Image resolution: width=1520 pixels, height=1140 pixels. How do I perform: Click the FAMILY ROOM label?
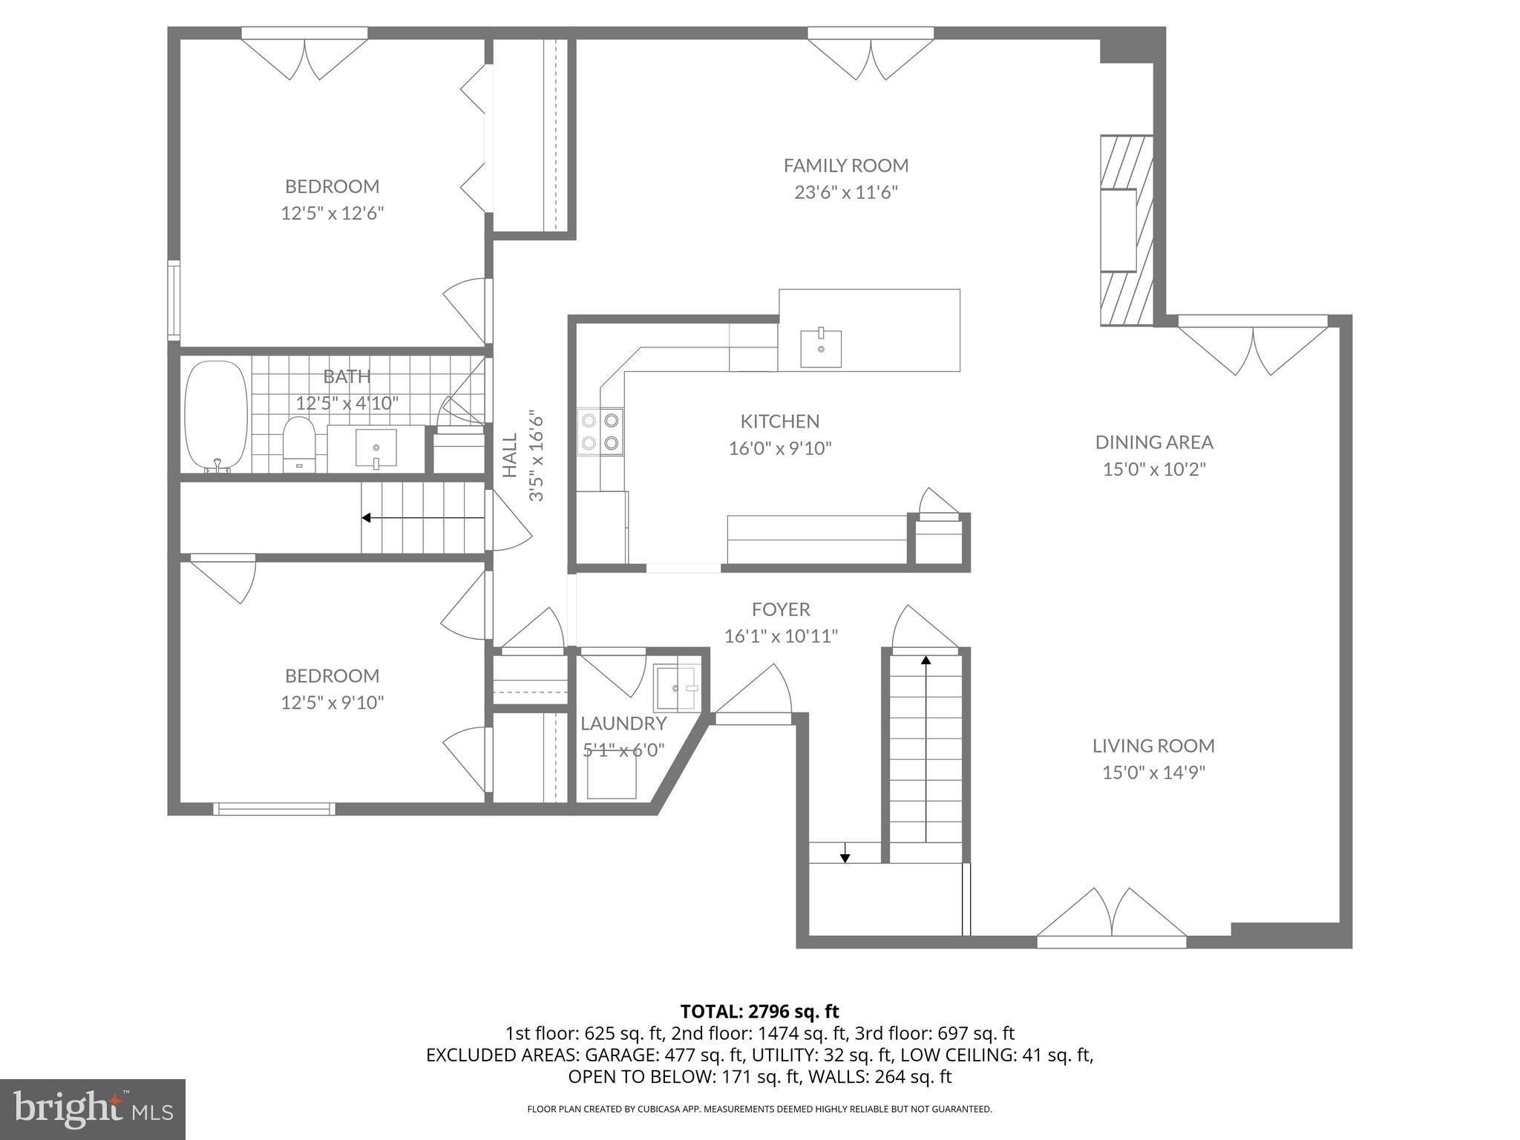[x=845, y=165]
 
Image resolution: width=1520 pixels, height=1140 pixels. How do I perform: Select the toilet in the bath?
[x=299, y=444]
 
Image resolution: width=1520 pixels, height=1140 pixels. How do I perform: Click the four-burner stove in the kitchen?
[x=600, y=432]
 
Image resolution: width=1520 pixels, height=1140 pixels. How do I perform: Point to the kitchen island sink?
[x=821, y=349]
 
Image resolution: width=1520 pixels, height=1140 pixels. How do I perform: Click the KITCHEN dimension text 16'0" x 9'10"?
[x=780, y=448]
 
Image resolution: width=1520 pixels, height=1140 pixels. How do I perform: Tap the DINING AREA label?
[x=1153, y=442]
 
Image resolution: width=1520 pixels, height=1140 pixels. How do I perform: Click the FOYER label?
[x=780, y=609]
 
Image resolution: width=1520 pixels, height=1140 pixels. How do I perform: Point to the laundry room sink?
[x=675, y=688]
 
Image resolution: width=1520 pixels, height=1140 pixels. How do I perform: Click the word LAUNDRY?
[x=623, y=723]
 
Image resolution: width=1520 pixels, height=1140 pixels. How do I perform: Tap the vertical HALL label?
[x=510, y=455]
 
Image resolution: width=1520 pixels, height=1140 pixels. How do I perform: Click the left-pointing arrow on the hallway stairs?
[x=367, y=517]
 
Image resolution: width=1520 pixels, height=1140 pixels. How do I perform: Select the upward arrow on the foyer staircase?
[x=926, y=661]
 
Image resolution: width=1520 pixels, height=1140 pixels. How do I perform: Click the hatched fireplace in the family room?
[x=1125, y=230]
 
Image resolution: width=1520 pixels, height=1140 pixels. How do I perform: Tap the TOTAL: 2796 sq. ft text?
[x=759, y=1011]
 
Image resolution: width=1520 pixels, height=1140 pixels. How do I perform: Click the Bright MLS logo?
[x=92, y=1109]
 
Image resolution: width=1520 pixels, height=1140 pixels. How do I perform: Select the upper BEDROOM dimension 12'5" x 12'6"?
[x=332, y=214]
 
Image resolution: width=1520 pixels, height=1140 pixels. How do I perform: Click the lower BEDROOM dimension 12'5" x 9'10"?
[x=332, y=702]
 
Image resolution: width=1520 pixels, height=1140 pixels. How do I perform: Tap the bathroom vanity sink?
[x=376, y=448]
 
